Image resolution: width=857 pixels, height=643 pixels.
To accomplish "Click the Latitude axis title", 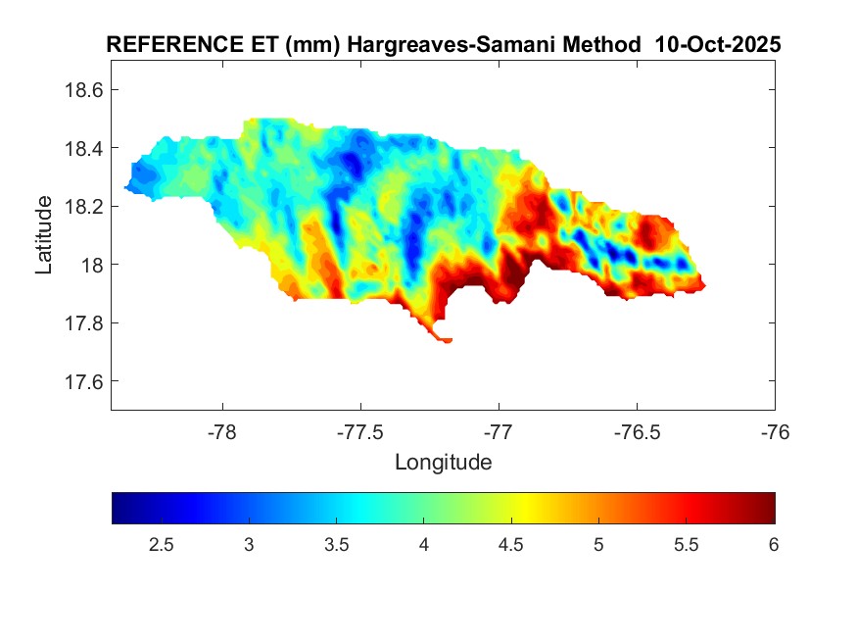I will pyautogui.click(x=44, y=234).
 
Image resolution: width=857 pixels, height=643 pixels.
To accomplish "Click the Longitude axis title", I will pyautogui.click(x=443, y=462).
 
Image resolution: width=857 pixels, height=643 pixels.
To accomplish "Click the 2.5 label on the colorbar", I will pyautogui.click(x=163, y=545).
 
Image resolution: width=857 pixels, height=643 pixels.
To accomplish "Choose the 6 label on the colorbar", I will pyautogui.click(x=773, y=545).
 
